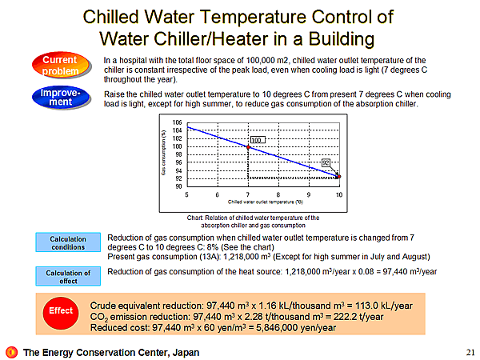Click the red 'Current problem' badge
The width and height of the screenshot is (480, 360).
coord(60,65)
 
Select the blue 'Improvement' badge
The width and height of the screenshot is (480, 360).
coord(60,98)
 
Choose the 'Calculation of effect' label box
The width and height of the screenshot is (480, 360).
coord(67,276)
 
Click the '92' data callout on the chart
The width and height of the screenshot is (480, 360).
coord(326,162)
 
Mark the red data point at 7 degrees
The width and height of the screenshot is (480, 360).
coord(248,147)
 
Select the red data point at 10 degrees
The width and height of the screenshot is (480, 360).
coord(338,176)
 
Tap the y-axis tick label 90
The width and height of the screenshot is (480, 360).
coord(178,186)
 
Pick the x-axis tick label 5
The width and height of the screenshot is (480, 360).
coord(187,194)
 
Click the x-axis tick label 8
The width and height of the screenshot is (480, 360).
coord(278,194)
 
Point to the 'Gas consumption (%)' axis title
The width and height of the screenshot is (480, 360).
coord(164,154)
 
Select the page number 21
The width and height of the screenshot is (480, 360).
coord(469,351)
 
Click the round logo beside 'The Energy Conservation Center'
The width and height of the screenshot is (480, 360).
coord(11,351)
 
